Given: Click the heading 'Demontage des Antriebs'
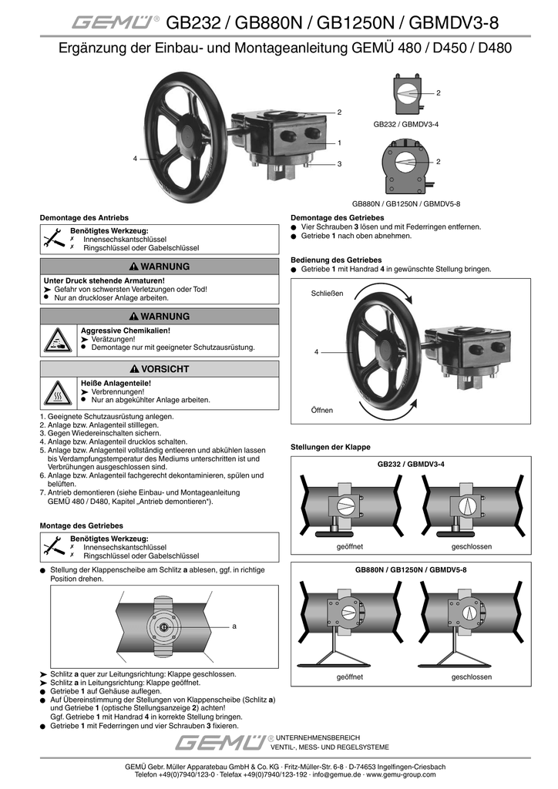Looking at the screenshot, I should tap(84, 217).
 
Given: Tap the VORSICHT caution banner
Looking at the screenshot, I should tap(160, 369).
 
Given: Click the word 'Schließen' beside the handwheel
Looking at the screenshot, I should tap(327, 294).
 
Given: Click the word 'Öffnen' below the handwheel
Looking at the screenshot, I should tap(322, 410).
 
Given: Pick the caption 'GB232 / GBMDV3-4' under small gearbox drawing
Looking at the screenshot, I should tap(405, 123).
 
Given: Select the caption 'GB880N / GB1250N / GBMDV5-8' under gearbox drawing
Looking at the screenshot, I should tap(405, 203).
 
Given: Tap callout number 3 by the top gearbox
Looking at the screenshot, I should tap(338, 163).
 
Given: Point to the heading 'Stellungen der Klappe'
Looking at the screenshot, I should tap(330, 447).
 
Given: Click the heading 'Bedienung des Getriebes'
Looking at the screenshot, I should tap(336, 260).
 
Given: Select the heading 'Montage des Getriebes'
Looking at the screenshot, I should tap(81, 525).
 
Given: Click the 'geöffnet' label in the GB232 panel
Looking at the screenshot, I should tap(350, 546).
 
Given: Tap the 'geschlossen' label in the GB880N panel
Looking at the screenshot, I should tap(471, 677).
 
